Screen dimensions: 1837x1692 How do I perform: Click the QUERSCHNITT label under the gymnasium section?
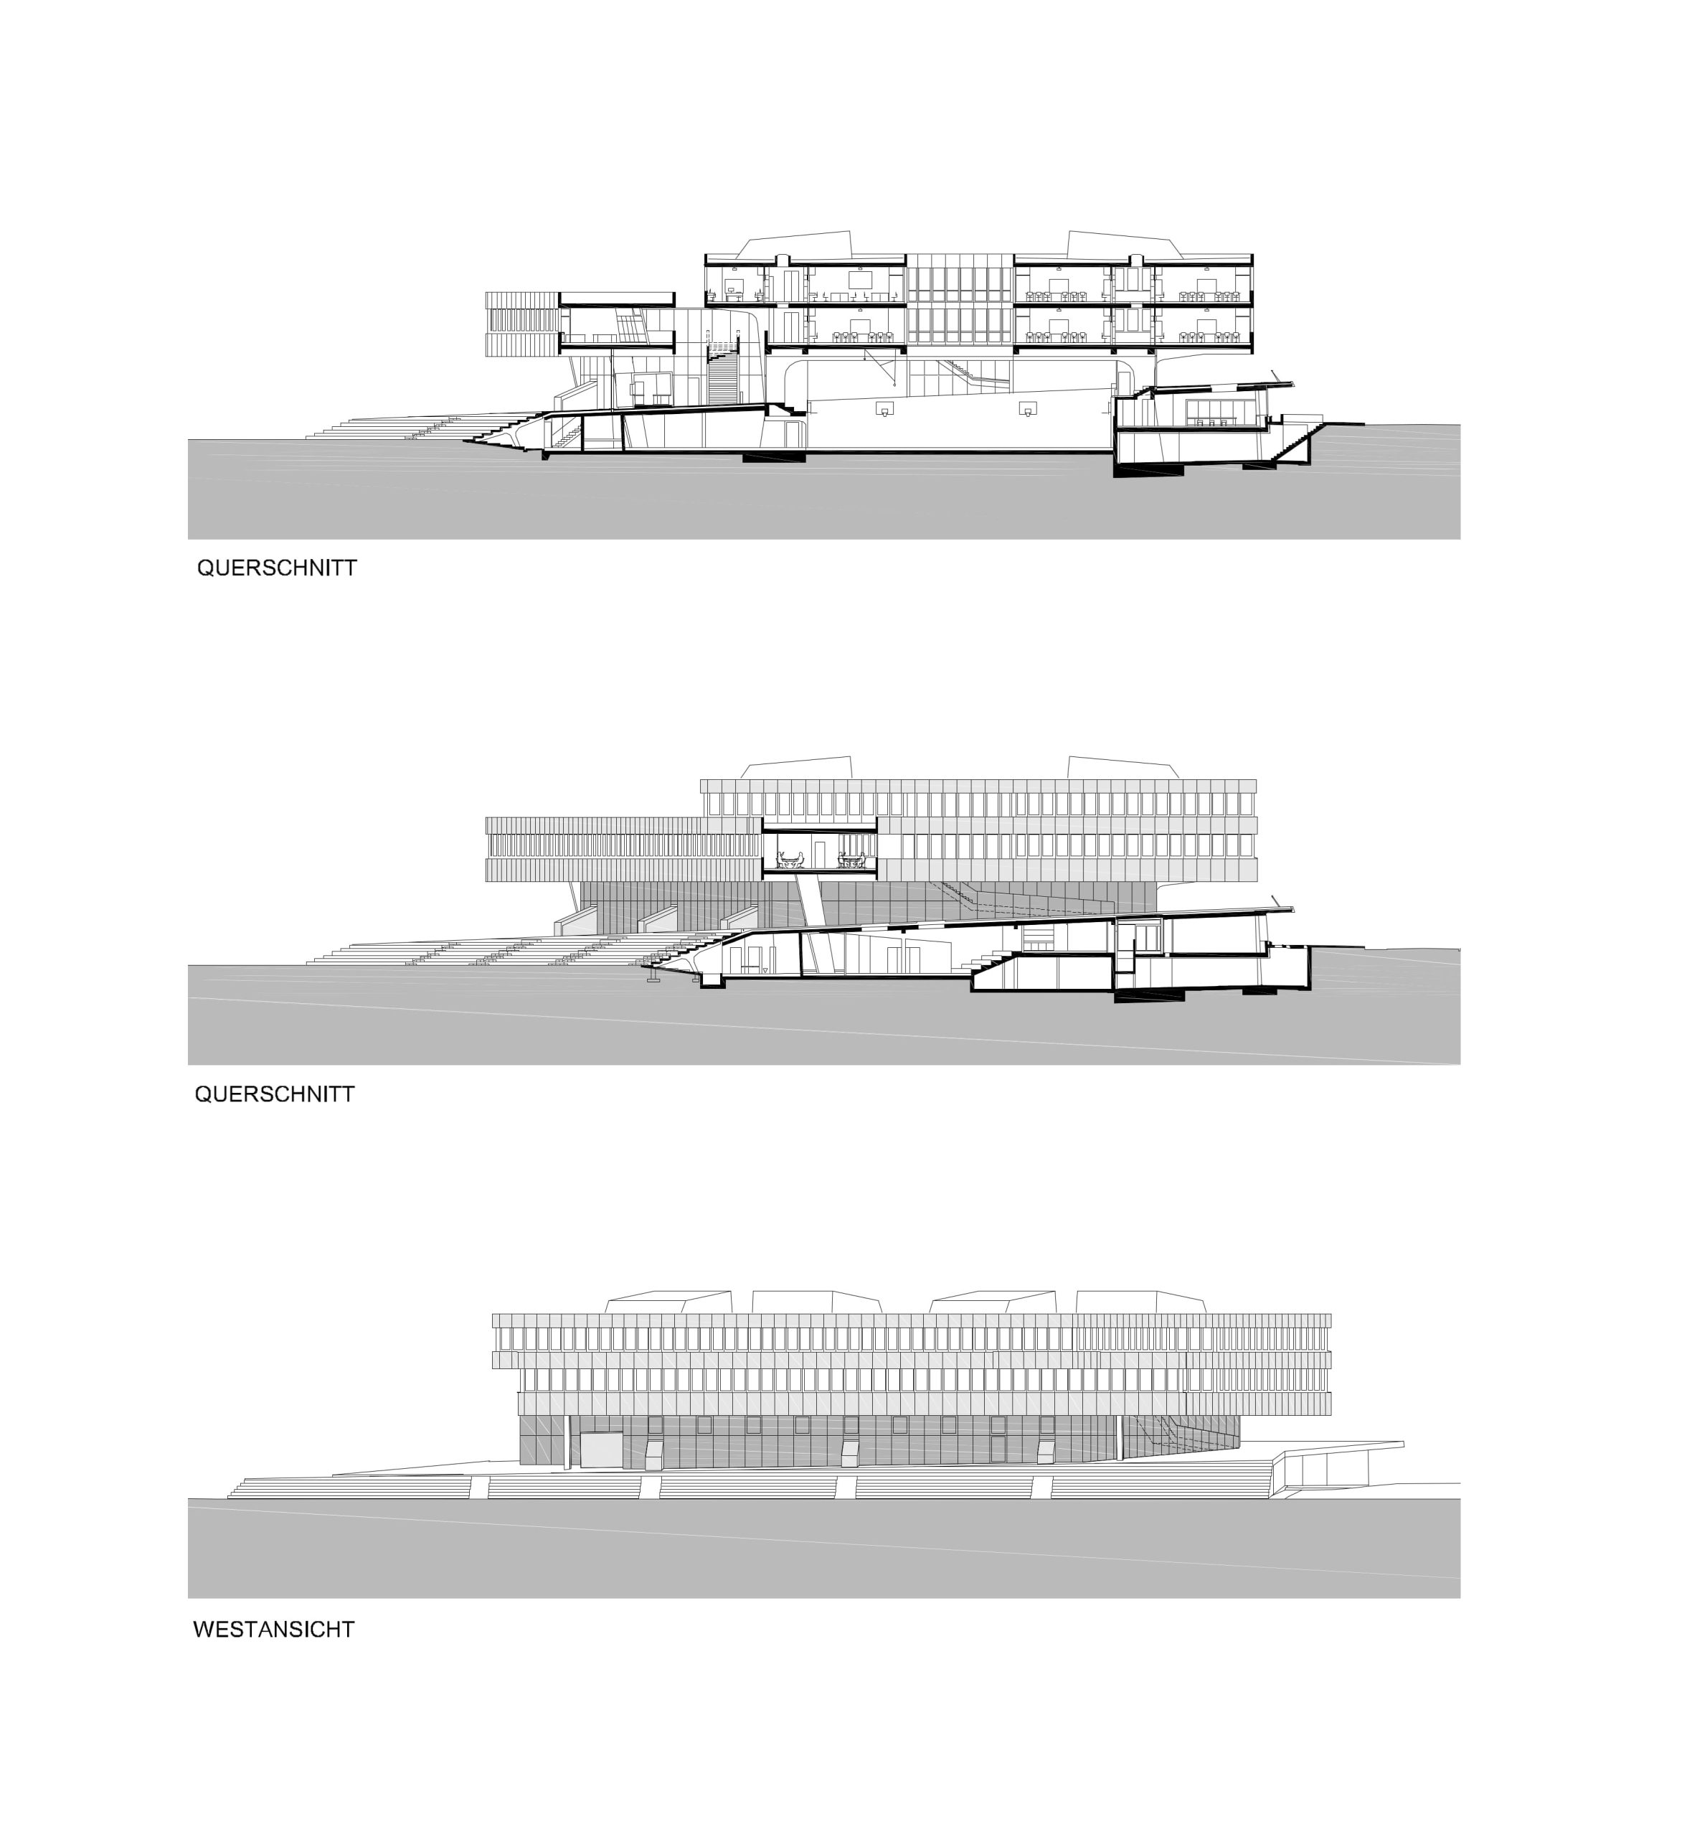tap(277, 568)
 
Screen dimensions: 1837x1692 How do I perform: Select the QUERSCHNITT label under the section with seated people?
tap(275, 1094)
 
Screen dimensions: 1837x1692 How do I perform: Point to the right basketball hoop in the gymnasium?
tap(1029, 409)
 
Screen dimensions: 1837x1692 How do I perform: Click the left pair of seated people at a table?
tap(789, 859)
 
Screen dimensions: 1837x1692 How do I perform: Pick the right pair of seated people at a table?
tap(851, 859)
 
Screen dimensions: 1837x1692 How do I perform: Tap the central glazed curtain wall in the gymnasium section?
tap(960, 302)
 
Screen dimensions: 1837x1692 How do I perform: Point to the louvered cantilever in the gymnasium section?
tap(522, 323)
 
